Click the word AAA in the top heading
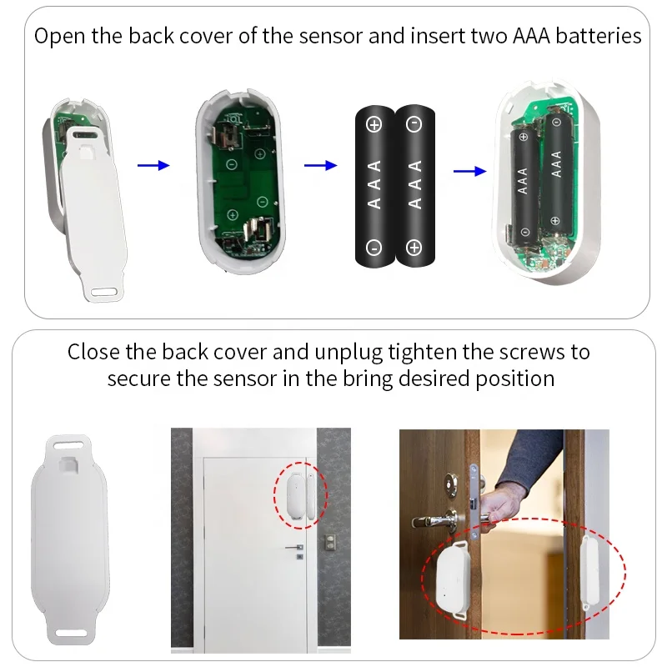526,36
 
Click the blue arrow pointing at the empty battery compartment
153,166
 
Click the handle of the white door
294,549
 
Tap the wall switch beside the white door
329,543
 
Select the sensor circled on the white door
298,493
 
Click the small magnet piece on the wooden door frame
591,571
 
